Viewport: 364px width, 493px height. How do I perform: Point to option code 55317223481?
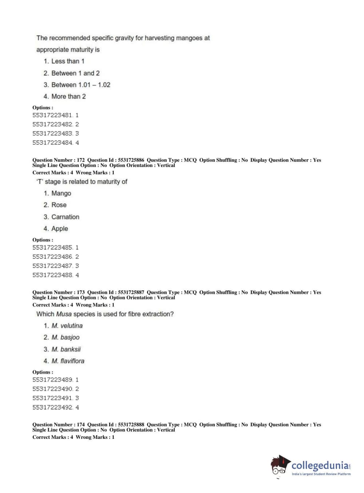point(53,115)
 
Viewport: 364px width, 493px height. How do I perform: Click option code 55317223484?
point(53,143)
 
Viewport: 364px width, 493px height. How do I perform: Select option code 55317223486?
point(53,257)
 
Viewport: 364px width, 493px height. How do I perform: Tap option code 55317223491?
point(53,398)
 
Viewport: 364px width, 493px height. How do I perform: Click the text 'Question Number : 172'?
point(59,160)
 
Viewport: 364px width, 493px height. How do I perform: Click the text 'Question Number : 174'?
point(59,425)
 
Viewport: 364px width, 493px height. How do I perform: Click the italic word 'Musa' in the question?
point(64,314)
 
